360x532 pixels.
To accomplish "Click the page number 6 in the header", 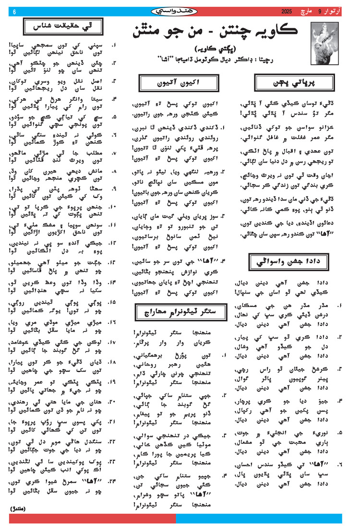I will tap(14, 11).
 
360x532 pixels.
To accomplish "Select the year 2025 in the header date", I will tap(287, 11).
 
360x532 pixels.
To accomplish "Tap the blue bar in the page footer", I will tap(259, 519).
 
